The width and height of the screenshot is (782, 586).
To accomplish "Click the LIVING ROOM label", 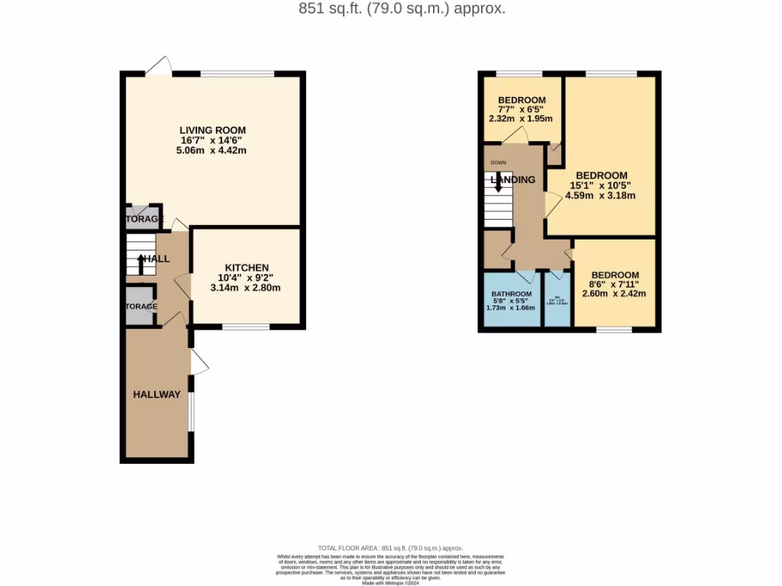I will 212,130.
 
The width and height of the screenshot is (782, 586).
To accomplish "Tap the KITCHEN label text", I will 246,267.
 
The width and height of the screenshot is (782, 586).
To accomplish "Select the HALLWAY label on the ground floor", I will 157,394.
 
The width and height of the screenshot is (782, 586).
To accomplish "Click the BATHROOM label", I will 511,295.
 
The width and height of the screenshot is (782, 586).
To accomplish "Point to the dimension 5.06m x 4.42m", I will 212,151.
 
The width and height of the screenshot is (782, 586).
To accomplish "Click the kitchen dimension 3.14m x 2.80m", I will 246,288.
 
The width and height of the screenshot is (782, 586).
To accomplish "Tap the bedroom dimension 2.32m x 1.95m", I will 521,119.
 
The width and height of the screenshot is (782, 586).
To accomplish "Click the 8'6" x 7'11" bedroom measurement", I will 615,285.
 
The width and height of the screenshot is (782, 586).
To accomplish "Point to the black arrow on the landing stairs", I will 498,182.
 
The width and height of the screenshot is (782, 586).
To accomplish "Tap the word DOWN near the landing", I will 498,163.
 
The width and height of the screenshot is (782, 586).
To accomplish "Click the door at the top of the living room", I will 159,68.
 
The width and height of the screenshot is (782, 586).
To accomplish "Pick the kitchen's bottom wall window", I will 246,327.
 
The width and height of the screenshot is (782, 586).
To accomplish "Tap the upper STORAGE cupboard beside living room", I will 144,218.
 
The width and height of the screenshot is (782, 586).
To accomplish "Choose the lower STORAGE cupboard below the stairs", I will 141,306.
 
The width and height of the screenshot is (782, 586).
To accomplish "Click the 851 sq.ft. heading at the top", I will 391,9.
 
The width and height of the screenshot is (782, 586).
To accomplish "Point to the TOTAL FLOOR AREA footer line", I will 391,548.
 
